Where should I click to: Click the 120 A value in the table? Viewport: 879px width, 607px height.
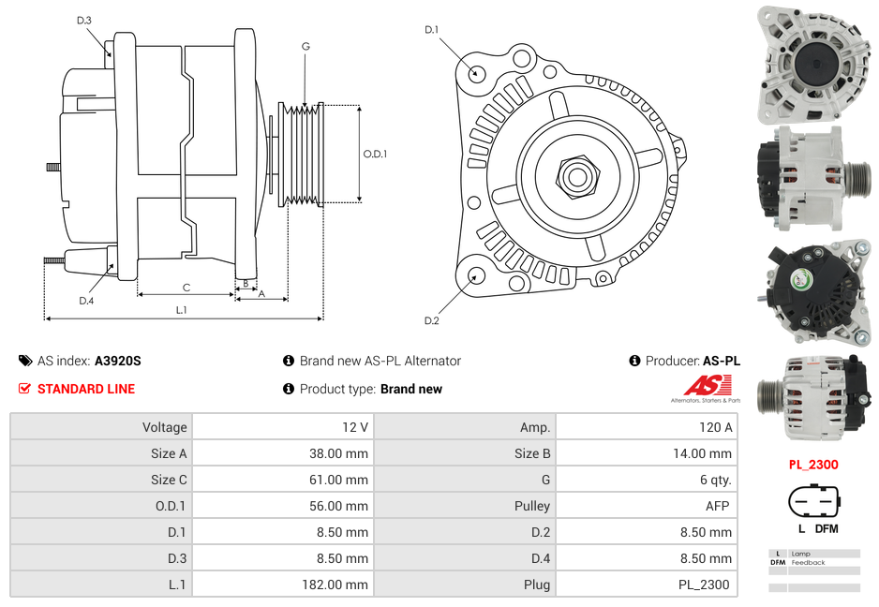point(715,427)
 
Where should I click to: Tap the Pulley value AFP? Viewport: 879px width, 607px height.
point(718,506)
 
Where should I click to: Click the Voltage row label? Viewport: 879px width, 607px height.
point(164,427)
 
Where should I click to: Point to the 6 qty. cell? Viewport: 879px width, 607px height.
point(715,480)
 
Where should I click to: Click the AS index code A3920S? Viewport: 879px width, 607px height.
point(118,361)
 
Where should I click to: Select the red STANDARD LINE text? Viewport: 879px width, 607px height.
point(85,389)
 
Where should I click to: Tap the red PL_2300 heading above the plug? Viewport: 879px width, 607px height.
point(812,464)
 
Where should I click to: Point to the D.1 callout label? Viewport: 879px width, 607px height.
point(431,30)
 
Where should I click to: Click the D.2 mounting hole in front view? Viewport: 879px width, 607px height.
point(476,275)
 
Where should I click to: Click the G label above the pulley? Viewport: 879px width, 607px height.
point(305,46)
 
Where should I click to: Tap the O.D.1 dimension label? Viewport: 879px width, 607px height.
point(375,154)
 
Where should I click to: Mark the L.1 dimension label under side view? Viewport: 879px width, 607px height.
point(181,309)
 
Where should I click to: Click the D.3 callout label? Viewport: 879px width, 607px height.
point(84,21)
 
